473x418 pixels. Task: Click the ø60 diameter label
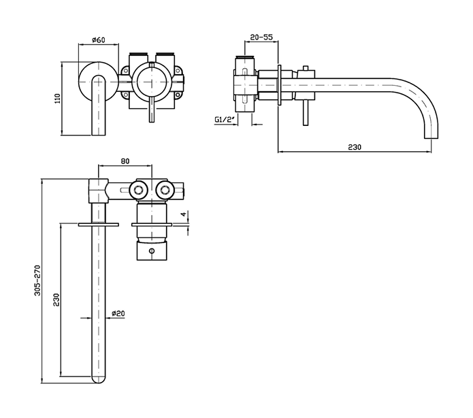click(x=97, y=40)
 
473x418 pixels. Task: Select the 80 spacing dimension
click(x=125, y=161)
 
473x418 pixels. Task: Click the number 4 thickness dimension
click(x=182, y=216)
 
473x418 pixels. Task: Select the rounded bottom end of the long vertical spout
click(x=99, y=380)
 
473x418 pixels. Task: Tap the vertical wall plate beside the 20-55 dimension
click(x=280, y=86)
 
